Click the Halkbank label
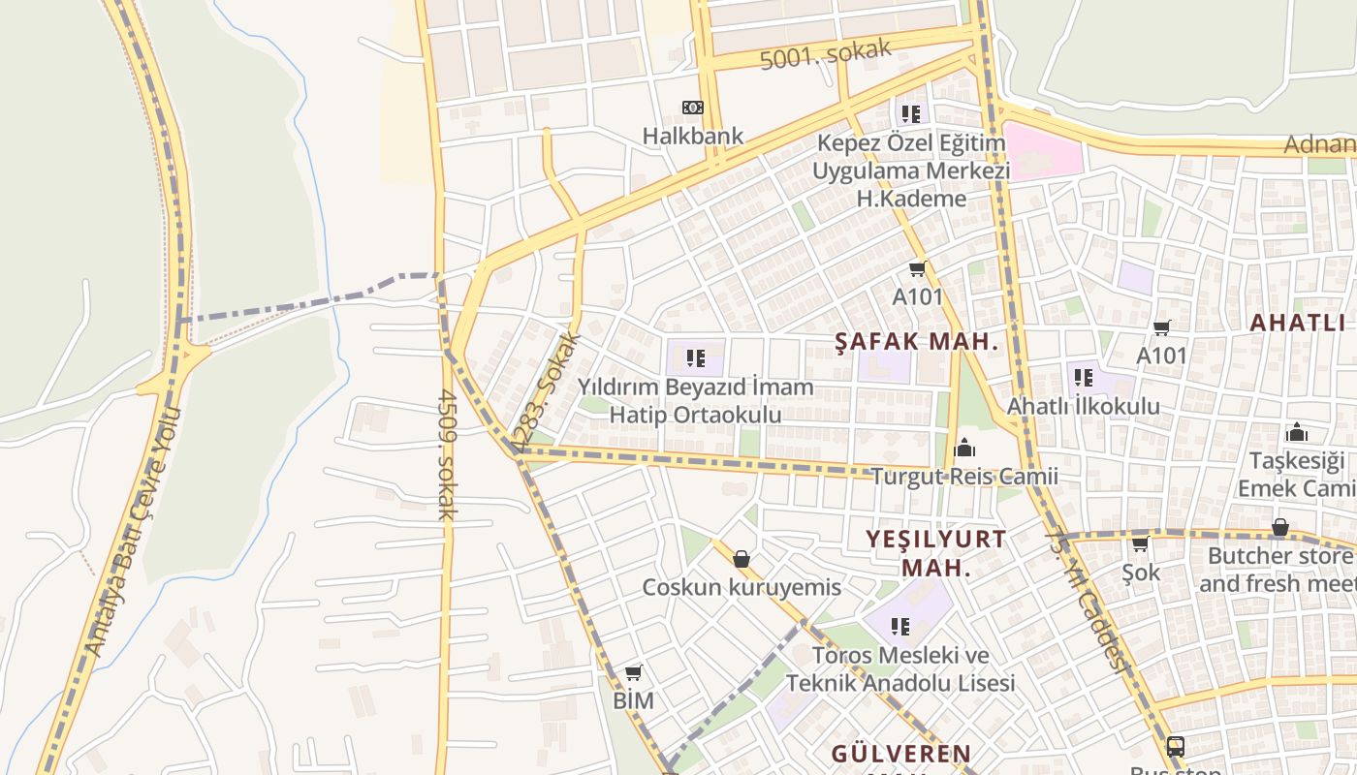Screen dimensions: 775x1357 (693, 136)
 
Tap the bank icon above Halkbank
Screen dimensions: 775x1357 (693, 108)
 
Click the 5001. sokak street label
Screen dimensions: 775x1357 (825, 55)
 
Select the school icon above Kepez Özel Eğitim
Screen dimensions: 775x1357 (910, 113)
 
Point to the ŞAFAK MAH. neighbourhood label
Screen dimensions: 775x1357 (917, 341)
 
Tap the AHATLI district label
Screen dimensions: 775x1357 (1297, 323)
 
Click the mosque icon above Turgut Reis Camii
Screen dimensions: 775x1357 (964, 448)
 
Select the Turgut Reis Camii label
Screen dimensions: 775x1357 (963, 477)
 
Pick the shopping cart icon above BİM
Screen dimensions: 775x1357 (634, 672)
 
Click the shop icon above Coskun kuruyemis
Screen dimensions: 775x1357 (742, 559)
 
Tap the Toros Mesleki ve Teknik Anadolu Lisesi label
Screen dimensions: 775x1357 (900, 669)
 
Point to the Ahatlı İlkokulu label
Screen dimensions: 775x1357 (1083, 406)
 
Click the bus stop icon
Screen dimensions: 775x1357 (1175, 746)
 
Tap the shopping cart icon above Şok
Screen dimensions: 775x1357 (1141, 543)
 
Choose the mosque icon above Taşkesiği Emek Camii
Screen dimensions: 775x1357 (1296, 432)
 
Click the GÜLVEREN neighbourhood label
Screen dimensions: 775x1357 (901, 754)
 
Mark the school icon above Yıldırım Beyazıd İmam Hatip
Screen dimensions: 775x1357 (695, 358)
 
